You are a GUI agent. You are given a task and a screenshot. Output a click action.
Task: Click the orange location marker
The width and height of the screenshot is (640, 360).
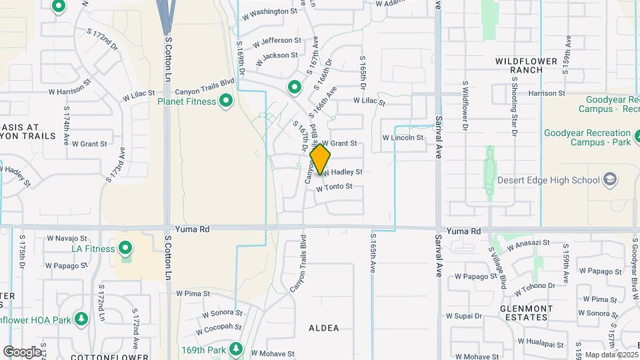point(321,159)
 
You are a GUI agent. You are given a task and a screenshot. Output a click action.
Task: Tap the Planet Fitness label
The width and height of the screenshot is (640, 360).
point(187,101)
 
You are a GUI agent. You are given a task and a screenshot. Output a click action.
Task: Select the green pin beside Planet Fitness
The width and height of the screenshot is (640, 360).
point(225,101)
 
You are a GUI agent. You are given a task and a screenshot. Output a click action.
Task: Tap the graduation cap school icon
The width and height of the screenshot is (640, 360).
point(610,179)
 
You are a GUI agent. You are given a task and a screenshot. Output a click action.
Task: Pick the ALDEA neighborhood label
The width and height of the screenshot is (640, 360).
point(324,328)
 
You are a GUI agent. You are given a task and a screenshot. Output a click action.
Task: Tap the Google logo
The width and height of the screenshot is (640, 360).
point(22,351)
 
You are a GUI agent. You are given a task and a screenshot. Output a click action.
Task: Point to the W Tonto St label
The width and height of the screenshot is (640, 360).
point(334,187)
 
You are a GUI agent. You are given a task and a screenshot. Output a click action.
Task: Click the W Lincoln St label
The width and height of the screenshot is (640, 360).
point(403,138)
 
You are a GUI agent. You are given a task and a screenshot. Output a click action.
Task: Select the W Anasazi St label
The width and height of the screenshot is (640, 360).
point(528,245)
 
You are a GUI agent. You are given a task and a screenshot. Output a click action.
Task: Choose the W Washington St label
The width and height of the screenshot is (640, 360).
point(269,11)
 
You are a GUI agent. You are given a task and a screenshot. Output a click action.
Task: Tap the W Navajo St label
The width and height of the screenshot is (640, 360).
point(67,237)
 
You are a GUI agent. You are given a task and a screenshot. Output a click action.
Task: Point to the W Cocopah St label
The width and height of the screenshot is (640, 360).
point(219,327)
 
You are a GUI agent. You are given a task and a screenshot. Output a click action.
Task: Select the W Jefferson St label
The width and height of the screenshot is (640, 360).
point(274,41)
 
